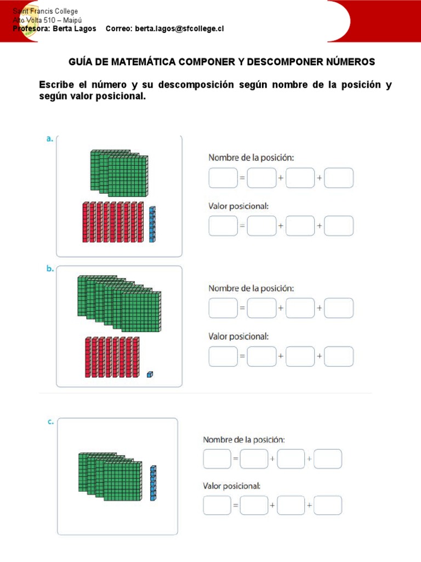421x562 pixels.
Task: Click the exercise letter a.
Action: tap(49, 139)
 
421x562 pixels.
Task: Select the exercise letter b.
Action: tap(50, 269)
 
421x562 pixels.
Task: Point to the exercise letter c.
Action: tap(50, 421)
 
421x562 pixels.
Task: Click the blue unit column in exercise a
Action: tap(152, 224)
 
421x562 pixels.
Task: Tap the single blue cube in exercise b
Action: tap(150, 374)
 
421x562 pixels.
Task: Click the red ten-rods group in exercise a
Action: tap(113, 222)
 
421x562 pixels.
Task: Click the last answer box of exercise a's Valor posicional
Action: tap(339, 226)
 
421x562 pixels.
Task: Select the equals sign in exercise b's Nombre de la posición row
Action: tap(242, 308)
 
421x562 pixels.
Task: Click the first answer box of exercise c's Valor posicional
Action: tap(217, 505)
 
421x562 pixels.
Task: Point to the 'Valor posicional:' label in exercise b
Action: tap(238, 336)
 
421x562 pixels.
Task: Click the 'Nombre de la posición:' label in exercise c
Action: tap(244, 440)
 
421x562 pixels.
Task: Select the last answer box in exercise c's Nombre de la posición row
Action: tap(328, 459)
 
